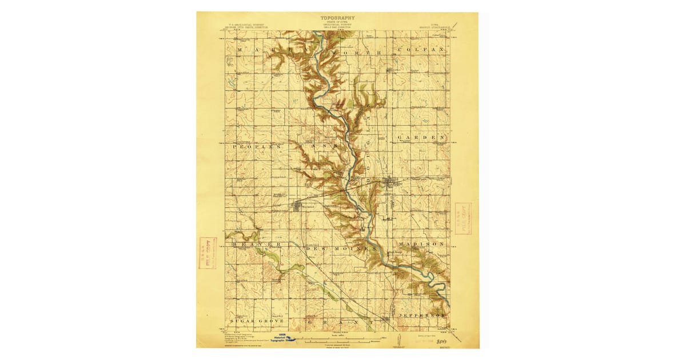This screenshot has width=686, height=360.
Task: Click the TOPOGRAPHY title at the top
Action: (x=338, y=18)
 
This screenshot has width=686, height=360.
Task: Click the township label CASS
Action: (x=313, y=147)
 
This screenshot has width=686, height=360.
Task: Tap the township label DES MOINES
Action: (x=342, y=249)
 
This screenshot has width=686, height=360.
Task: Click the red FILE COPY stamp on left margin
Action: (x=208, y=253)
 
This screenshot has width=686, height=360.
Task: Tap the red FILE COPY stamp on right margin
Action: (x=463, y=218)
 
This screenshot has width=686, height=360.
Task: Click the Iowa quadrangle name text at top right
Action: (x=437, y=26)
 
